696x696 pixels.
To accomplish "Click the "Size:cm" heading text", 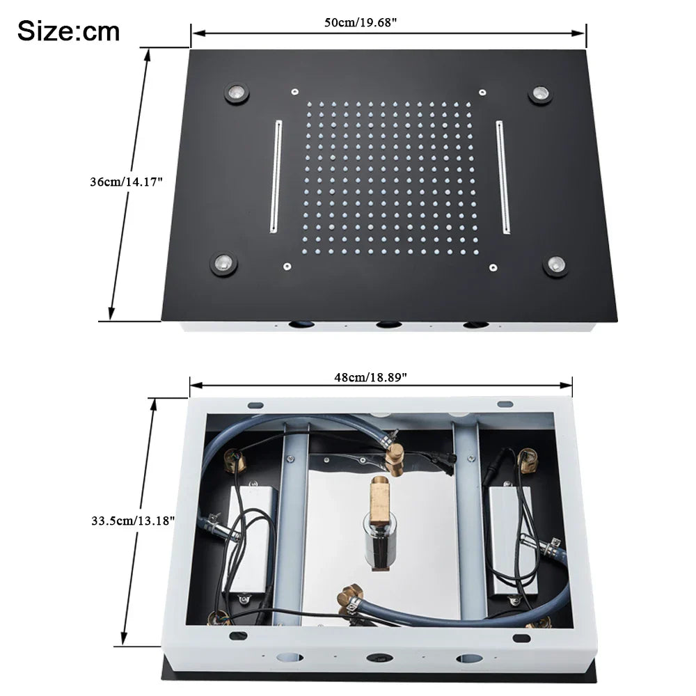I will point(68,31).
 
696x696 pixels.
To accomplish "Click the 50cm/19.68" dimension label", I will point(361,22).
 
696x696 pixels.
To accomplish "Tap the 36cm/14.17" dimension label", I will point(126,182).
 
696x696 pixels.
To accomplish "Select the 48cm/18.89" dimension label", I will point(370,377).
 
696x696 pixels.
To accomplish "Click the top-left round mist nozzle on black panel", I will point(236,93).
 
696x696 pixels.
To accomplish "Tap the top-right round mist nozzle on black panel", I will point(539,94).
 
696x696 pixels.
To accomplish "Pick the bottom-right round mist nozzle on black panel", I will point(555,264).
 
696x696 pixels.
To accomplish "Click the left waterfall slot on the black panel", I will point(276,176).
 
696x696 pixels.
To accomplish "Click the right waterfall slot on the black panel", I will point(503,177).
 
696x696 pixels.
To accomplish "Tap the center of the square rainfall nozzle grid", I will point(388,177).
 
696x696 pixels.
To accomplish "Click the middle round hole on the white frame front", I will point(379,658).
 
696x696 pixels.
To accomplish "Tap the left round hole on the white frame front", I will point(287,657).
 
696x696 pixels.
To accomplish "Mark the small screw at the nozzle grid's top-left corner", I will point(295,91).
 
